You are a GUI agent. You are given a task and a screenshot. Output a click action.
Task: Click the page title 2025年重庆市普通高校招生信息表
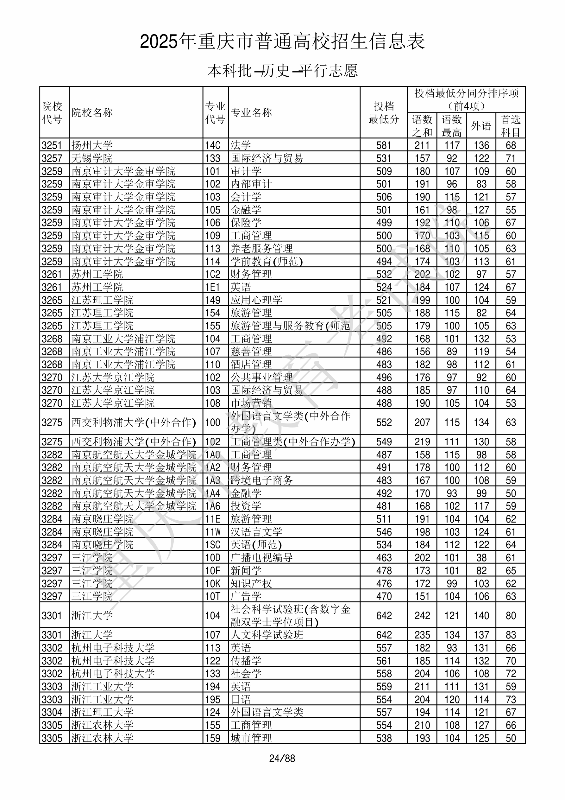pyautogui.click(x=282, y=42)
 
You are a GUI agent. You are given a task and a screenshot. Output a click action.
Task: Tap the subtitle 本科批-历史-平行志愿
pyautogui.click(x=282, y=71)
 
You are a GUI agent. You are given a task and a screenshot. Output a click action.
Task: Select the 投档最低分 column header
pyautogui.click(x=384, y=112)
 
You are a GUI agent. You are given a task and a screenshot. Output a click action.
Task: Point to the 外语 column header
pyautogui.click(x=481, y=126)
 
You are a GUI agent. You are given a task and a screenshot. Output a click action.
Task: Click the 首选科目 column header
pyautogui.click(x=510, y=126)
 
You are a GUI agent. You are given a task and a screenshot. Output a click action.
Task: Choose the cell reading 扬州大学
pyautogui.click(x=92, y=145)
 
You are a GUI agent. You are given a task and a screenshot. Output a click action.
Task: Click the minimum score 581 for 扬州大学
pyautogui.click(x=384, y=145)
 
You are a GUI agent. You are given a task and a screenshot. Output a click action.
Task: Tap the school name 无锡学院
pyautogui.click(x=92, y=158)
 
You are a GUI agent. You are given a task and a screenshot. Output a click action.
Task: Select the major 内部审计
pyautogui.click(x=251, y=184)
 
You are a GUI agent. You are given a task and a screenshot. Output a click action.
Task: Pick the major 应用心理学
pyautogui.click(x=256, y=300)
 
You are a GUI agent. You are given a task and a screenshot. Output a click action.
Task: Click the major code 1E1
pyautogui.click(x=212, y=287)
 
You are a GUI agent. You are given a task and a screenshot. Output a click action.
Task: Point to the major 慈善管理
pyautogui.click(x=251, y=351)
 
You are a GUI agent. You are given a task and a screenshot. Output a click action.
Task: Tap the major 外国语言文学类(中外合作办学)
pyautogui.click(x=290, y=422)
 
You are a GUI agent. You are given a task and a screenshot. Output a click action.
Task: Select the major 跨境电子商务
pyautogui.click(x=261, y=480)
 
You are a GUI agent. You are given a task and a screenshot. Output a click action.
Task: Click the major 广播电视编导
pyautogui.click(x=261, y=557)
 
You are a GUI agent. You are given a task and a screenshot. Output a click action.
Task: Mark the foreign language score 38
pyautogui.click(x=481, y=557)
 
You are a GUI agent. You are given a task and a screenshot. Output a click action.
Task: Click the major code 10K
pyautogui.click(x=212, y=583)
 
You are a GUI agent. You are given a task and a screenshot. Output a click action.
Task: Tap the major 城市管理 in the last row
pyautogui.click(x=251, y=738)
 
